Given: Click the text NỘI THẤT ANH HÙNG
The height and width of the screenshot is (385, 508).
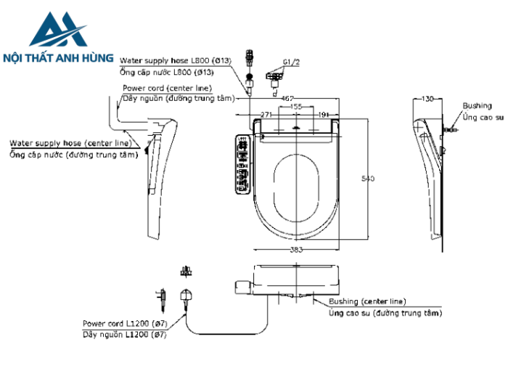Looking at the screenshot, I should pos(58,57).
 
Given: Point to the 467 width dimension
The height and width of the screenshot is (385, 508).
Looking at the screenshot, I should pos(287,97).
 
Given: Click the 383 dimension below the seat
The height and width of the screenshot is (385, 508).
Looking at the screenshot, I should pos(297,249).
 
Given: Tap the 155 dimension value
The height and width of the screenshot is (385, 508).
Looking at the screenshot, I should pos(296,106).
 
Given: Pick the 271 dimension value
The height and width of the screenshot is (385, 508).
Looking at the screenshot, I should pos(266,115).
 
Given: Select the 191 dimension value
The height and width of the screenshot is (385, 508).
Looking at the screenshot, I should pos(324,115).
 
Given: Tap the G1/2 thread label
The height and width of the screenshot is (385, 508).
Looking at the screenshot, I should pos(291,62).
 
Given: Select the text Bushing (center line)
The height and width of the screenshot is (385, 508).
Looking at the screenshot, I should pos(367,301).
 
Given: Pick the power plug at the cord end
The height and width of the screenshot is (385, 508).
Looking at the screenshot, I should pos(187,296).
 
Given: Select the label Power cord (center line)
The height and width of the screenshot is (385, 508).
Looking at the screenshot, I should pos(167,87).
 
